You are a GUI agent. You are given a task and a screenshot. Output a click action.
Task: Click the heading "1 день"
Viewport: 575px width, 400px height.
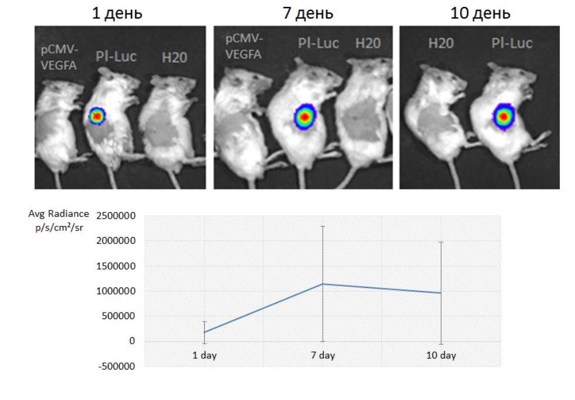coord(120,13)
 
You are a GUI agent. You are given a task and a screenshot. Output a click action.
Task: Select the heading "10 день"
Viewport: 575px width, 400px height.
coord(480,13)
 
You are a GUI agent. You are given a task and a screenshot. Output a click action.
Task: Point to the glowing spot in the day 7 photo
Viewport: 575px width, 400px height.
coord(303,117)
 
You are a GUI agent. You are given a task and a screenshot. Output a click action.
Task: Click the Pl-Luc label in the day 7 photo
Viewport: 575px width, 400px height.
coord(317,43)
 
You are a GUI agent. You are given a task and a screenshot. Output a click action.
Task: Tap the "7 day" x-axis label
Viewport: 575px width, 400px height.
coord(322,355)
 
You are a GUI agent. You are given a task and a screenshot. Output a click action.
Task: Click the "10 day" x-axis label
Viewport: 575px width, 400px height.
coord(441,355)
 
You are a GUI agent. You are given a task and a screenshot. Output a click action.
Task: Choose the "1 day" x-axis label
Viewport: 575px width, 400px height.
coord(204,355)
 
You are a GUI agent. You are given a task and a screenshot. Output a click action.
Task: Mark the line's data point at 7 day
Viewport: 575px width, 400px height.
coord(322,284)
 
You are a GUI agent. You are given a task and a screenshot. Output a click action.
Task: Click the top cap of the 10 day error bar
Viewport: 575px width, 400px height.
coord(441,242)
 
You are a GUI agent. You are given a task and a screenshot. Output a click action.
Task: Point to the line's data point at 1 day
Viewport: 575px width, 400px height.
coord(204,332)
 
